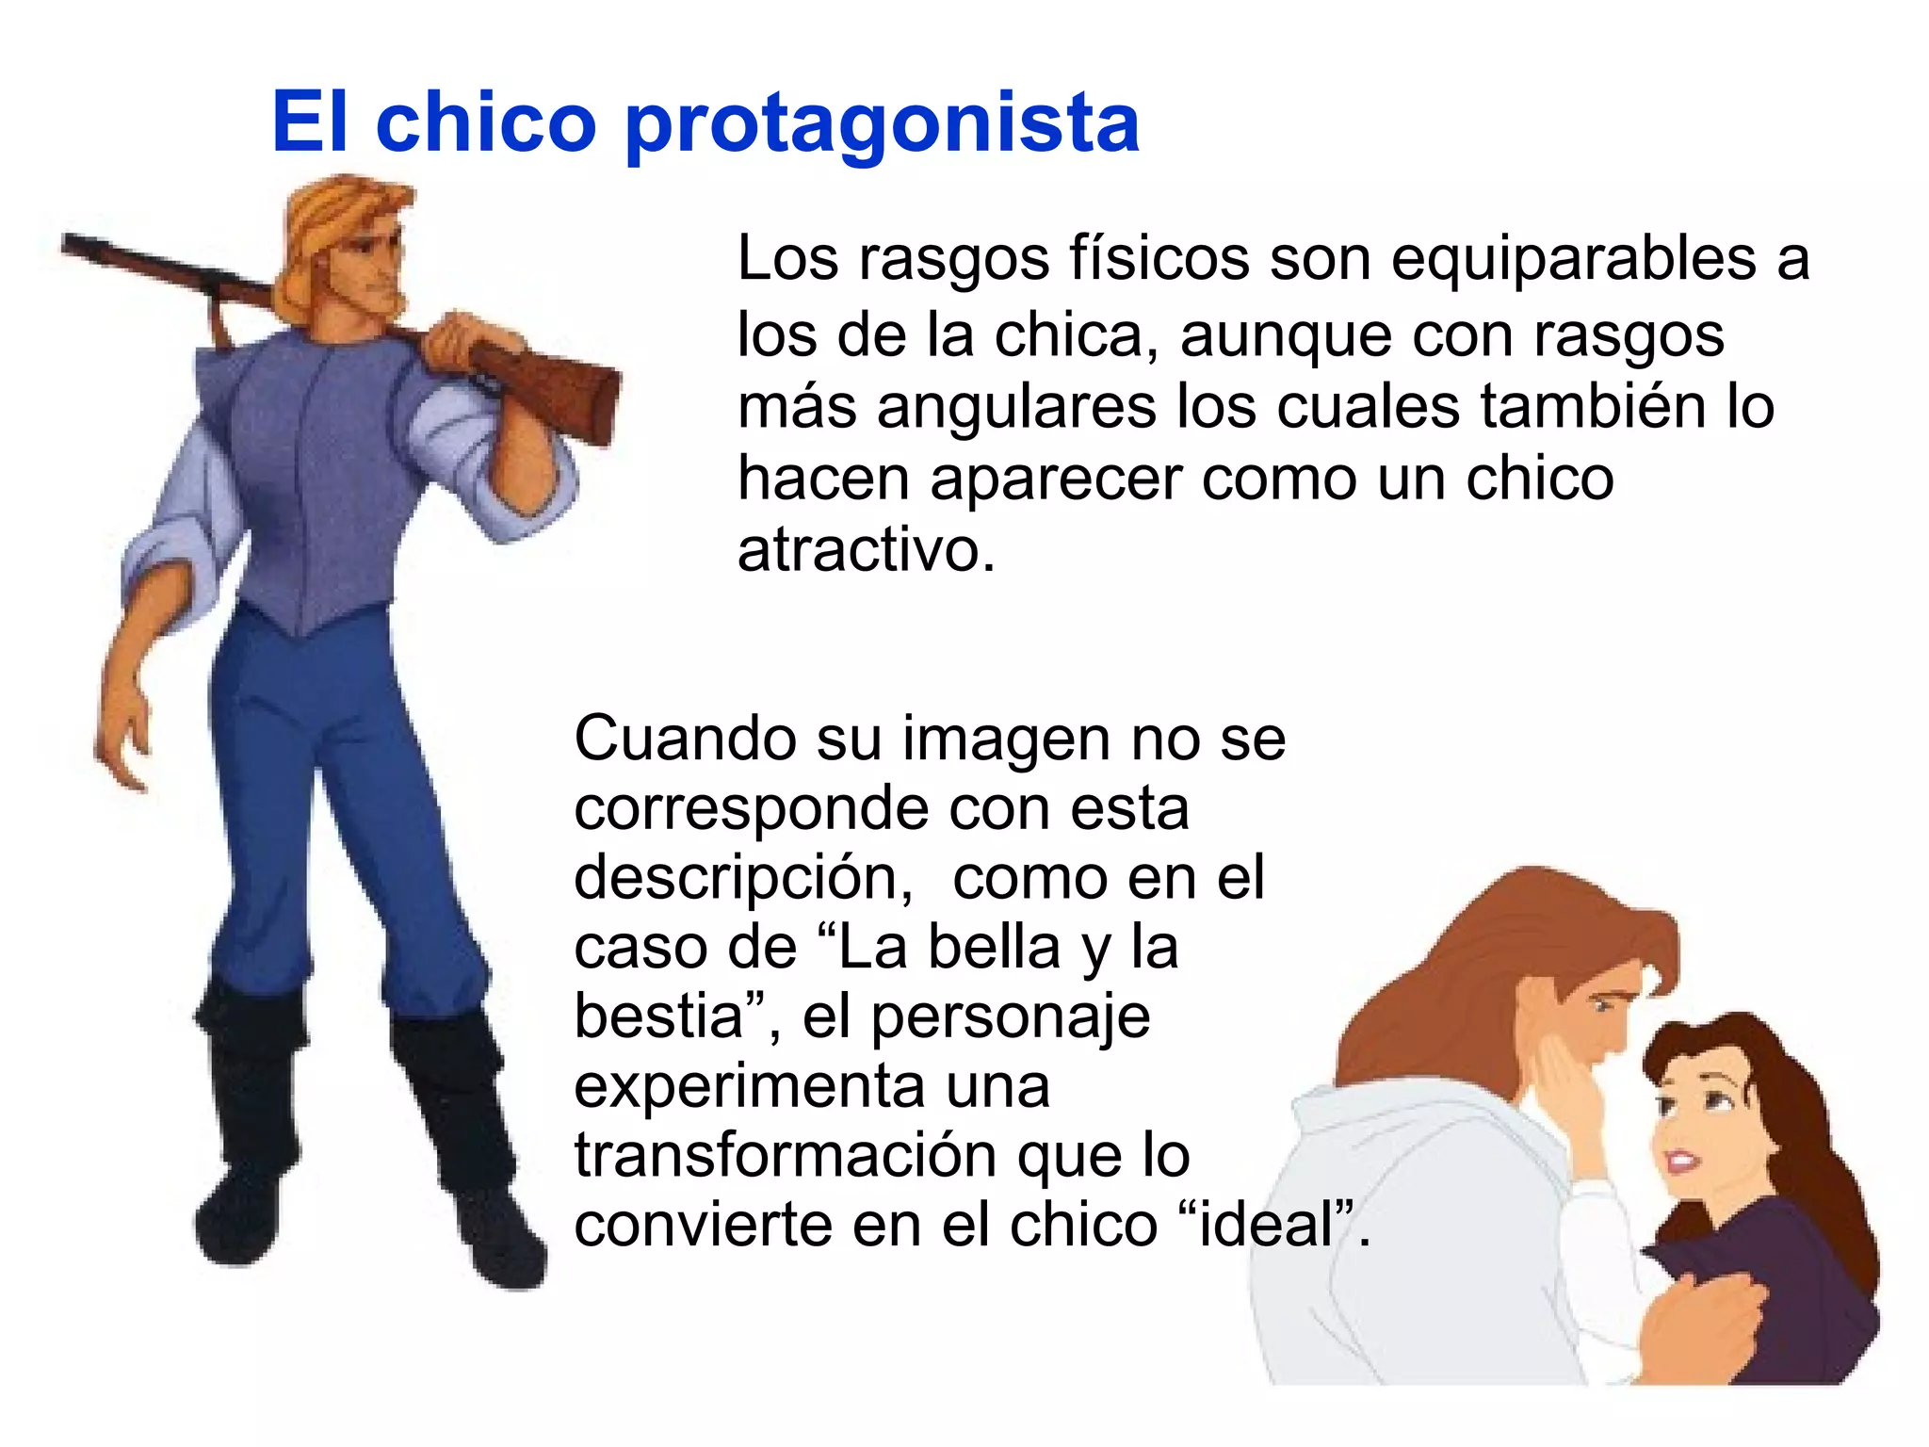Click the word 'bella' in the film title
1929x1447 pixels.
(x=995, y=947)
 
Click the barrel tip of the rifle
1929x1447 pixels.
(x=71, y=245)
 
